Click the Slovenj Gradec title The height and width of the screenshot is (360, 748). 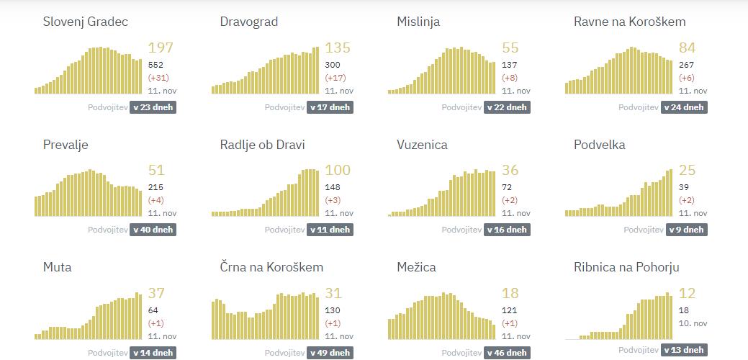[x=85, y=22]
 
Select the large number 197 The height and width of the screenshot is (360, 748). [x=161, y=48]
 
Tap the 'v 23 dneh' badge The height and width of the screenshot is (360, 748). [x=152, y=107]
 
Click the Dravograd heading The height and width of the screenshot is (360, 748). [x=248, y=22]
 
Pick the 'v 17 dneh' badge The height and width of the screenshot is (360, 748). [x=329, y=107]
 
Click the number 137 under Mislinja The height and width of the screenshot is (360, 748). [x=510, y=65]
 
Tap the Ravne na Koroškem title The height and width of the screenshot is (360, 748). [x=629, y=22]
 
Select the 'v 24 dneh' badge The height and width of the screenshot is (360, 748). [x=683, y=107]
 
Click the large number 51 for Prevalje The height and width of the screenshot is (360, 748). [x=156, y=171]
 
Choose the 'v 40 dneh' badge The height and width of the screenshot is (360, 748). [x=152, y=230]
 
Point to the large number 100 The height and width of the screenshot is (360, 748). [x=338, y=171]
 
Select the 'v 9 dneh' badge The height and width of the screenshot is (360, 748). [x=683, y=230]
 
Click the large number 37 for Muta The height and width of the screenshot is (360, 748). [x=156, y=293]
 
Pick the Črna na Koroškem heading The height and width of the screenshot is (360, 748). [x=271, y=267]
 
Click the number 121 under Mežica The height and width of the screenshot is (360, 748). [x=510, y=310]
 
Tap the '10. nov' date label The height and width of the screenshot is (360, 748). [x=693, y=323]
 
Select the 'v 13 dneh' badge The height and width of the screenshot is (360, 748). [x=683, y=350]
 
